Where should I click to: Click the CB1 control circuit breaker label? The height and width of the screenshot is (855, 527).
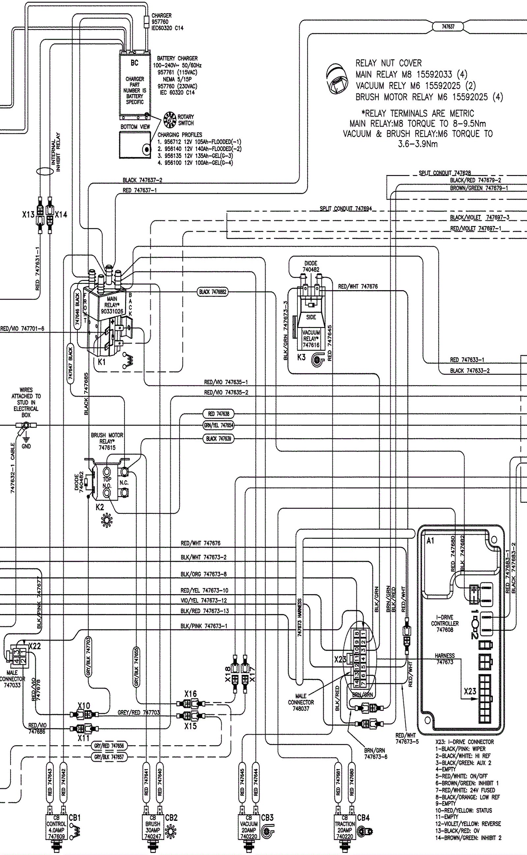(x=74, y=818)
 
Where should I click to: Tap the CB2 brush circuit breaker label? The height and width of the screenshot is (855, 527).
(x=171, y=818)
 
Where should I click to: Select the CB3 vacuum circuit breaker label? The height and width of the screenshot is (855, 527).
(x=267, y=818)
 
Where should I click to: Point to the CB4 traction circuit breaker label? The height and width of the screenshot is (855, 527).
(x=363, y=818)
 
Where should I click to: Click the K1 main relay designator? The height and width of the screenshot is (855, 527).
(x=101, y=362)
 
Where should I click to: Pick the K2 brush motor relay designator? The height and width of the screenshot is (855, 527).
(x=100, y=507)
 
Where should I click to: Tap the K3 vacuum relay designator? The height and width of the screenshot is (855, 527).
(x=301, y=357)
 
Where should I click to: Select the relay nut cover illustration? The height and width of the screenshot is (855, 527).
(x=336, y=78)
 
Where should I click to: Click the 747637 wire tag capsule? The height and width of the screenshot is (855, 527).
(x=448, y=26)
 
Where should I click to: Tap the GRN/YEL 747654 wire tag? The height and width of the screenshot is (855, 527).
(x=218, y=425)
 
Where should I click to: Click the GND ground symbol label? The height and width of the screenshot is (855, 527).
(x=26, y=446)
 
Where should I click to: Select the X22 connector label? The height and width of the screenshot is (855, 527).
(x=35, y=646)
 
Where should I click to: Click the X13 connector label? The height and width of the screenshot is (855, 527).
(x=28, y=214)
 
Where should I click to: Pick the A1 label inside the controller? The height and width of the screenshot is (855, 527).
(x=430, y=541)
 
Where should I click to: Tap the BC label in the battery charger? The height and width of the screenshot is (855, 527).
(x=134, y=63)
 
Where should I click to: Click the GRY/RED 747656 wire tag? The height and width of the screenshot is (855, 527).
(x=109, y=746)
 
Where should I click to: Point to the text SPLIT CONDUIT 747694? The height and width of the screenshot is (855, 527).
(x=346, y=209)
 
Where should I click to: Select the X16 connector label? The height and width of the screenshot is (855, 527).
(x=191, y=694)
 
